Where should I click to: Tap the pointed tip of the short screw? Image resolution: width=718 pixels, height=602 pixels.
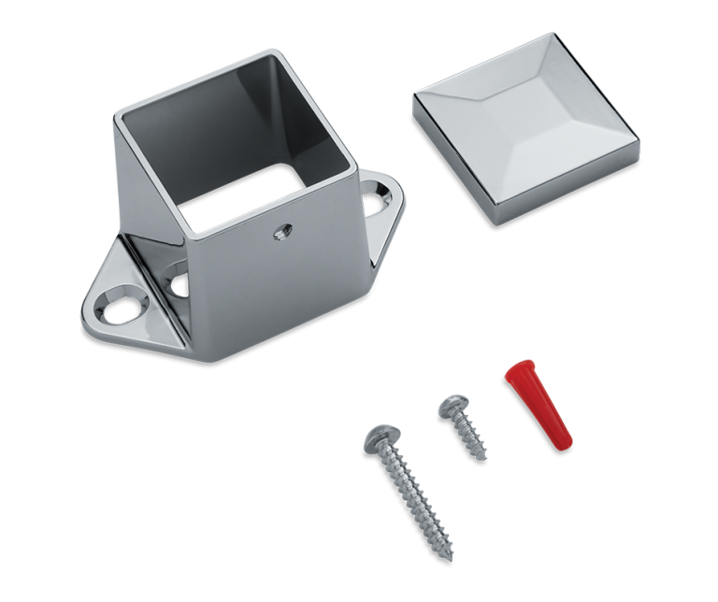(486, 457)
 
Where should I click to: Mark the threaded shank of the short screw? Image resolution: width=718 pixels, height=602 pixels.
(470, 435)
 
